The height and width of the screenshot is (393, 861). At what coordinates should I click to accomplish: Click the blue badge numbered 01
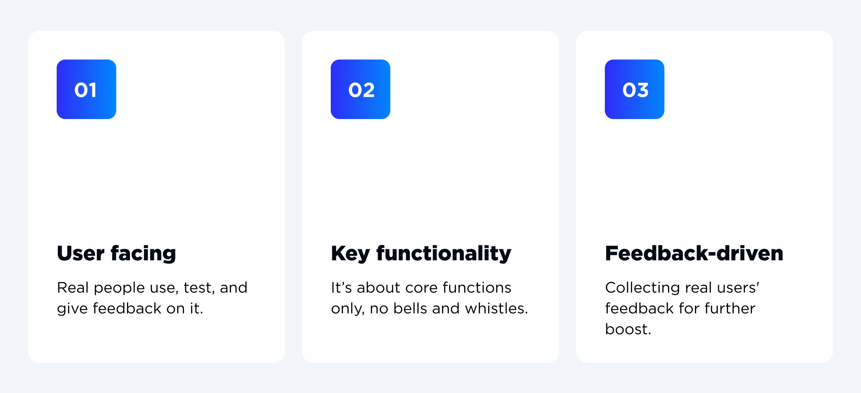(86, 89)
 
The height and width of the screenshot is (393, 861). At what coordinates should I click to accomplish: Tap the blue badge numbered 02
(361, 89)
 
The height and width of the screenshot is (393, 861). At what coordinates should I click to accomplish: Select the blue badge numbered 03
(635, 89)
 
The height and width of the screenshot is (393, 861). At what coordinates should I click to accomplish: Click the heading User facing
(117, 254)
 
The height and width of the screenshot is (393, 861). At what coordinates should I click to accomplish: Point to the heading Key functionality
(421, 254)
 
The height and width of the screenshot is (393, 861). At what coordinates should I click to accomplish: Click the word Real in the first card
(73, 288)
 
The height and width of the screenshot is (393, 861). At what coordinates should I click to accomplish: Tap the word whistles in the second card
(497, 308)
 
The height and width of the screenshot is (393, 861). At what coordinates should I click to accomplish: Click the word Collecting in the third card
(643, 288)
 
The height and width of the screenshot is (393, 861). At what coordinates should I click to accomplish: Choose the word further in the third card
(730, 308)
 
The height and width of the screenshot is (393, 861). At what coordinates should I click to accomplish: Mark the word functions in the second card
(477, 288)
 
